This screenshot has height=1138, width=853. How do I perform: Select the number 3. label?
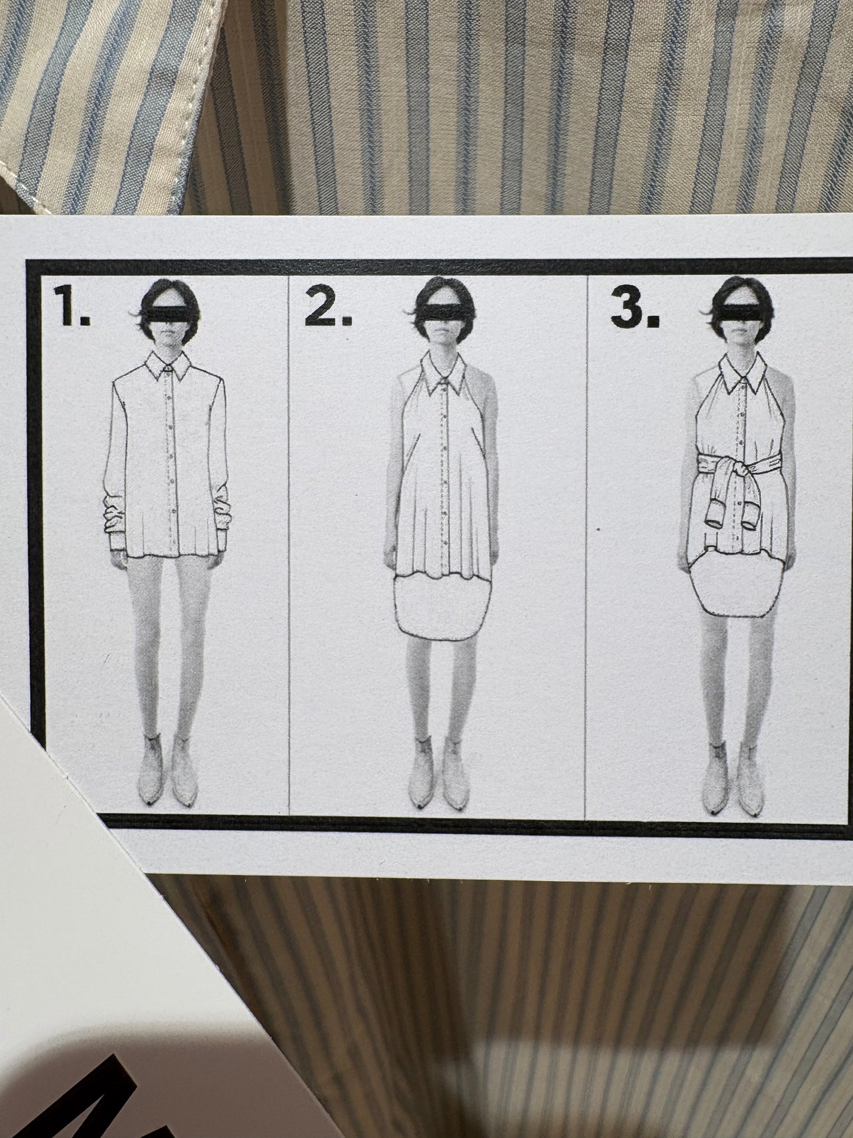[x=635, y=308]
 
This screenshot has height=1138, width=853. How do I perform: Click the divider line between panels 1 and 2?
[x=288, y=591]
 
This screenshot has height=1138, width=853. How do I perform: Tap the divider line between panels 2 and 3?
[x=586, y=591]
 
